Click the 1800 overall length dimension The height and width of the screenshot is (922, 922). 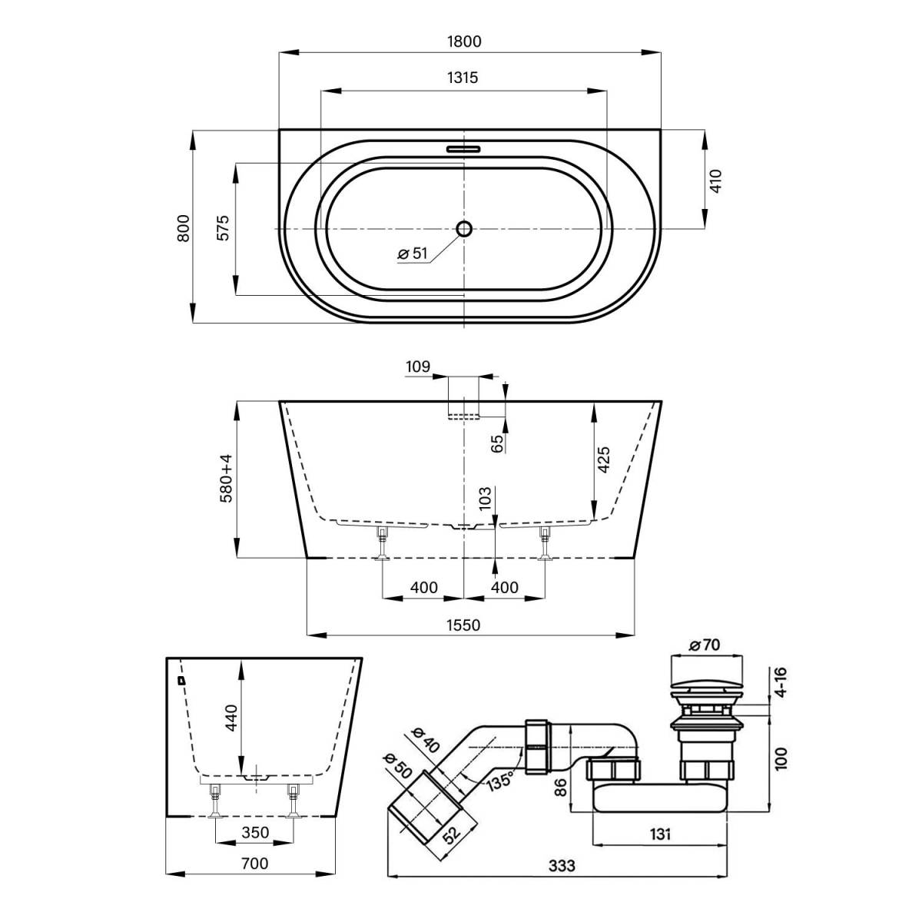(464, 41)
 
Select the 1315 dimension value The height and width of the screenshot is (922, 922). (463, 78)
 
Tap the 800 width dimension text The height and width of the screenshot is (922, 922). (184, 228)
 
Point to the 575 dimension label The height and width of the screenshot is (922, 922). (224, 227)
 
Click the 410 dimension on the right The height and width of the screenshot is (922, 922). (715, 181)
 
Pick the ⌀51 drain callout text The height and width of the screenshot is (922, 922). (413, 253)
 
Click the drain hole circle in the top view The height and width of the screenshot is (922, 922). (464, 228)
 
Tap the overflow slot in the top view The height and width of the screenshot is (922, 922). (463, 149)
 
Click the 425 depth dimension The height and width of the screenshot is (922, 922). (604, 459)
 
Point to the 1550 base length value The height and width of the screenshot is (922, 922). (463, 625)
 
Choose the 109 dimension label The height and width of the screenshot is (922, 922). (418, 367)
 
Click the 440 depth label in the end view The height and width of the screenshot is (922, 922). (231, 717)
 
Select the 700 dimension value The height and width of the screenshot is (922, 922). (255, 864)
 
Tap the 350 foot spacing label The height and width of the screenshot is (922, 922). (255, 833)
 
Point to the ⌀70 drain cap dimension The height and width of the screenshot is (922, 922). (705, 645)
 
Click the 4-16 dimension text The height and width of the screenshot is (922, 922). (781, 682)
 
